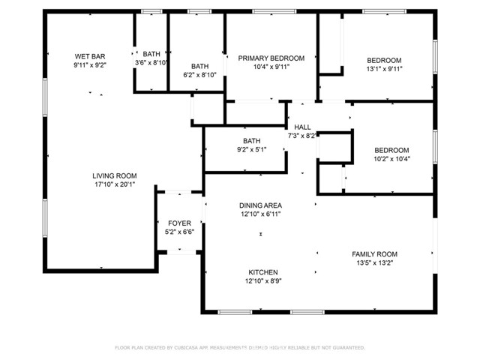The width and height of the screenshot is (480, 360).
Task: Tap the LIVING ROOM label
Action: (x=115, y=175)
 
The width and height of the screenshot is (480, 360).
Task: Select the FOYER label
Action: (x=179, y=223)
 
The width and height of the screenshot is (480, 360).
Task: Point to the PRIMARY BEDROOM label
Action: (x=271, y=58)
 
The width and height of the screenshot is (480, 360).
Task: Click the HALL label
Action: (x=302, y=127)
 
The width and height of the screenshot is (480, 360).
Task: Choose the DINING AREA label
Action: (x=260, y=205)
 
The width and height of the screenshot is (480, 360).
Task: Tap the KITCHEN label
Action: (x=263, y=272)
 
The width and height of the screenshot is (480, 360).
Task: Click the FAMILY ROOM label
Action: (x=374, y=253)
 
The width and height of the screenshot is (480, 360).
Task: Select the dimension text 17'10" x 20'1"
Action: (x=115, y=184)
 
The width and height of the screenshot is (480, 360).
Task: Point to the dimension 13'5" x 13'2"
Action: (x=374, y=262)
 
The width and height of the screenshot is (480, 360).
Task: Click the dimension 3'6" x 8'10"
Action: (x=151, y=62)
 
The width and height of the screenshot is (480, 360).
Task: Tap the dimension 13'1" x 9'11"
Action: (x=384, y=70)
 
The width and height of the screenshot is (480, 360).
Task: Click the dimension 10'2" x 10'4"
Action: (x=391, y=158)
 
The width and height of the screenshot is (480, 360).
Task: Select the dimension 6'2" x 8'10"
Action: (x=199, y=74)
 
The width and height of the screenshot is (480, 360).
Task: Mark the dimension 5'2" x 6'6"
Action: (x=179, y=232)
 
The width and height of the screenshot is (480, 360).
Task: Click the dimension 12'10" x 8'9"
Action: (x=263, y=281)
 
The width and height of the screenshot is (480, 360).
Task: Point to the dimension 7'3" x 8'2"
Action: (x=302, y=136)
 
